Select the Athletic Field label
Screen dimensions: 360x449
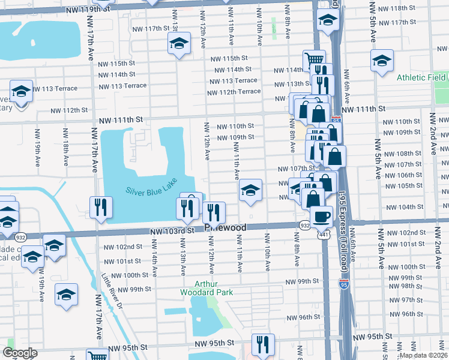tap(420, 77)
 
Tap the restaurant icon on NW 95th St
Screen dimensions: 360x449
tap(263, 344)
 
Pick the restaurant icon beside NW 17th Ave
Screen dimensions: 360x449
tap(101, 207)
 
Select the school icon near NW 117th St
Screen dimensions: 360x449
tap(178, 44)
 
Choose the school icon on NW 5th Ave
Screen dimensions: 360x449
tap(382, 61)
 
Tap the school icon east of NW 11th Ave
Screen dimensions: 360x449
tap(251, 191)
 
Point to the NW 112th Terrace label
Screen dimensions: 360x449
tap(234, 92)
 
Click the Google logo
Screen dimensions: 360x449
tap(20, 353)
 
